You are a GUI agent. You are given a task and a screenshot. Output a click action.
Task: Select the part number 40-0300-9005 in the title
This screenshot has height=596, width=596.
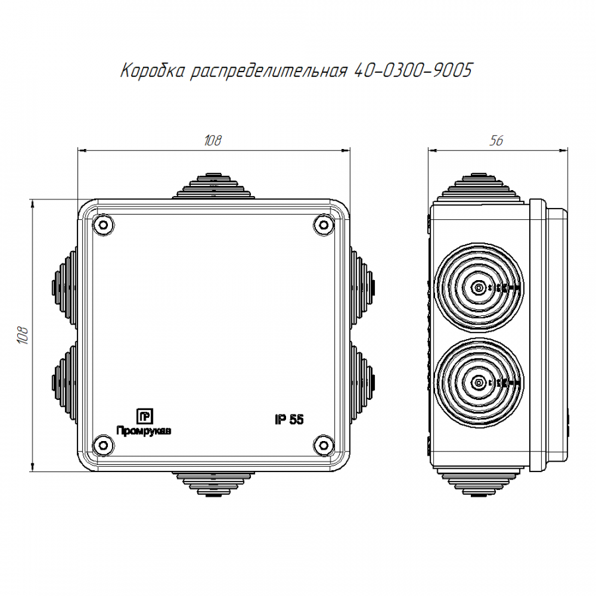coord(413,70)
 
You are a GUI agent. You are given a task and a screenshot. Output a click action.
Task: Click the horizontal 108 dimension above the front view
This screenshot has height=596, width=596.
coord(213,140)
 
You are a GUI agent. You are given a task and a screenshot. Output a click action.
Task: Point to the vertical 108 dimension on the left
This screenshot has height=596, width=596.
coord(23,335)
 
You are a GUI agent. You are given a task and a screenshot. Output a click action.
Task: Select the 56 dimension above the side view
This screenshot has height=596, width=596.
coord(496,140)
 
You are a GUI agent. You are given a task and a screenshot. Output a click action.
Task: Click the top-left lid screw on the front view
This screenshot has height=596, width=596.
coord(103,225)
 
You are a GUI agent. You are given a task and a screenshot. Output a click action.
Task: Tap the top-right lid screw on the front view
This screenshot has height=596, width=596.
coord(323,225)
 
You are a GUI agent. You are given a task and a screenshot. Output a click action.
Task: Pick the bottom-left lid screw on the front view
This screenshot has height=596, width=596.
coord(103,445)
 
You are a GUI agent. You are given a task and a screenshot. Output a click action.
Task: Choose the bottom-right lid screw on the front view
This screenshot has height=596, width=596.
coord(323,445)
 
